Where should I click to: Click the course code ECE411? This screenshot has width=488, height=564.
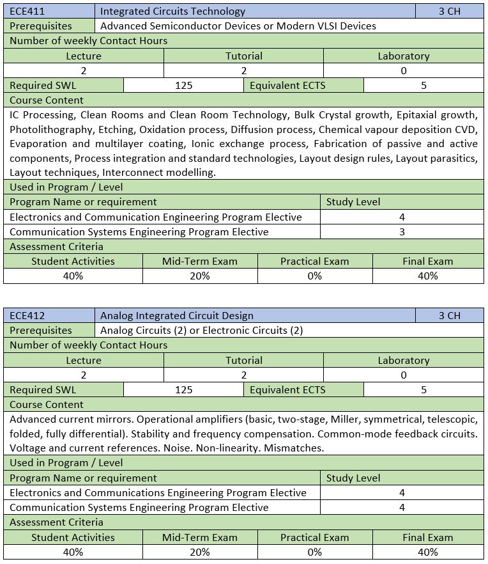27,11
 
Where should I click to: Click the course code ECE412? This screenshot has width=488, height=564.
27,315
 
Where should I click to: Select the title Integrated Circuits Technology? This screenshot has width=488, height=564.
172,11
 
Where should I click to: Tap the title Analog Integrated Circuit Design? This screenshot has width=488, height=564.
177,315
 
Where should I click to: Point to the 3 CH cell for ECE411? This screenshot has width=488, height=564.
449,11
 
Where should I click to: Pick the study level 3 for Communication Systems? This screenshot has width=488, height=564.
402,231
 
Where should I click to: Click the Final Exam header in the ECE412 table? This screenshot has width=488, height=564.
427,537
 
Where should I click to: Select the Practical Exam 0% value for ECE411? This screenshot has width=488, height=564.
314,276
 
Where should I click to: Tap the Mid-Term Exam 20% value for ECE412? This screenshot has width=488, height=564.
199,552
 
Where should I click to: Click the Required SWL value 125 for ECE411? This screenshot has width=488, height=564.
183,85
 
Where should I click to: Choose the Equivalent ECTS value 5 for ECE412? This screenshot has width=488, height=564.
423,389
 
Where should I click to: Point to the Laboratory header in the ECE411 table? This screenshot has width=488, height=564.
403,56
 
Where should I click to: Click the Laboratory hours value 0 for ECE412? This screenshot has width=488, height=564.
403,375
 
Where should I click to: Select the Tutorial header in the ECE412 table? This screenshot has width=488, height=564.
243,360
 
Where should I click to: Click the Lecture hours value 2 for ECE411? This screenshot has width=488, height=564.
83,70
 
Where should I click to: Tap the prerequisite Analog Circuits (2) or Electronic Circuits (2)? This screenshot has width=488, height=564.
201,330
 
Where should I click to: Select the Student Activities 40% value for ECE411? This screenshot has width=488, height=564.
73,276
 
